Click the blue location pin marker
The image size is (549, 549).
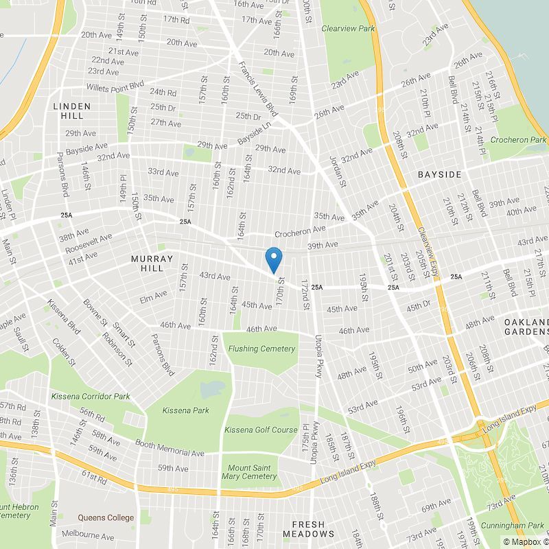[x=274, y=259]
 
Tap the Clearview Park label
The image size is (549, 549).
[x=348, y=29]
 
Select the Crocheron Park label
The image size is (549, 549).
[x=518, y=139]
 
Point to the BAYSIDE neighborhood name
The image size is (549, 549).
[x=440, y=175]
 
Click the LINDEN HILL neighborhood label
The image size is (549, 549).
[x=67, y=111]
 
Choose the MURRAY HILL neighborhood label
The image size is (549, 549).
[x=152, y=263]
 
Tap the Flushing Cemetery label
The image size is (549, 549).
[x=261, y=349]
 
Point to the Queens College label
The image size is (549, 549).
[x=106, y=517]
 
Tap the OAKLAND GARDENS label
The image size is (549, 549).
[x=526, y=327]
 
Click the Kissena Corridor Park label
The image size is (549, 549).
[x=91, y=397]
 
